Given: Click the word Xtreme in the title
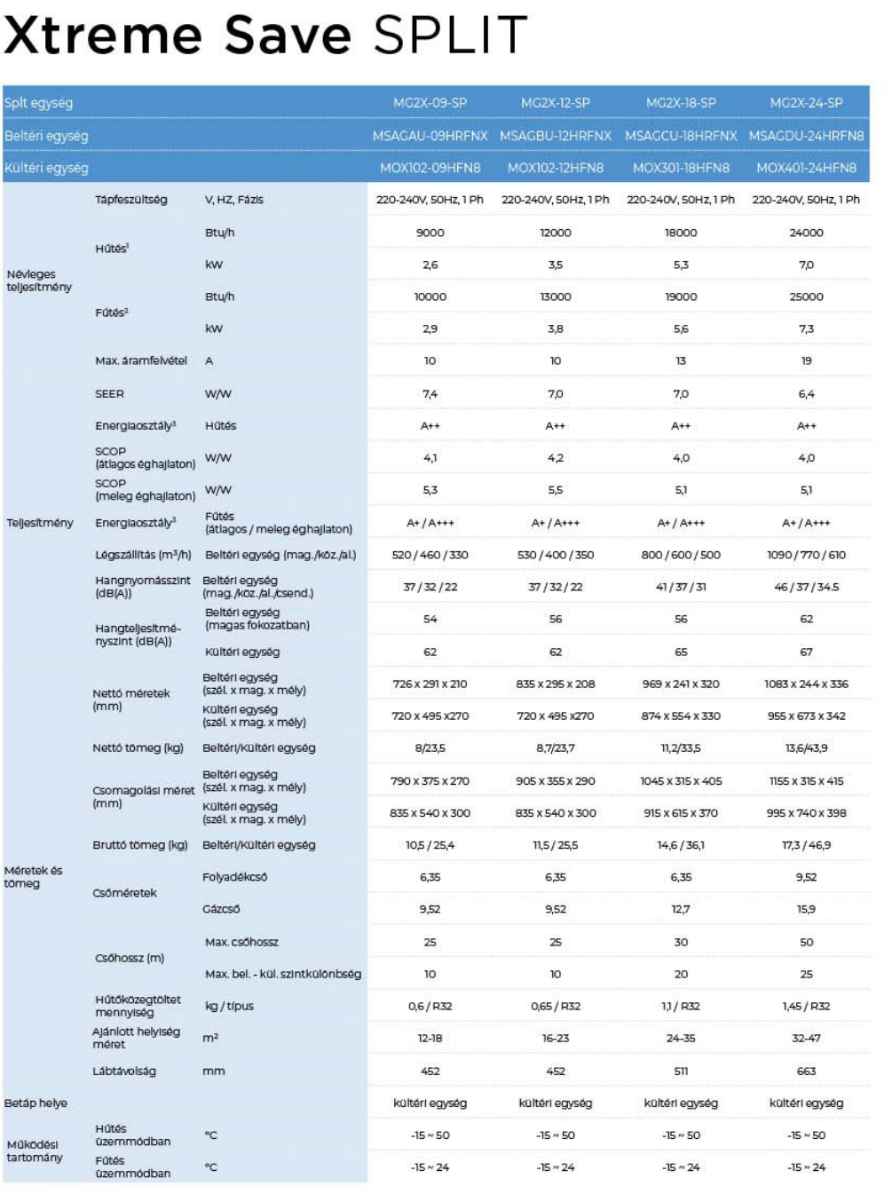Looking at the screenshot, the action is pyautogui.click(x=103, y=35).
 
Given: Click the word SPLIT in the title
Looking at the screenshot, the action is pyautogui.click(x=450, y=35).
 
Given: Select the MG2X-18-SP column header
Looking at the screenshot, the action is pyautogui.click(x=681, y=103).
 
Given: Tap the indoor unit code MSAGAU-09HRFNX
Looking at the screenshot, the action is pyautogui.click(x=430, y=136).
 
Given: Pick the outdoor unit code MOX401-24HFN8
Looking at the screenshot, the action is pyautogui.click(x=806, y=168).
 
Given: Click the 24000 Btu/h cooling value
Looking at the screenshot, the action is pyautogui.click(x=806, y=233).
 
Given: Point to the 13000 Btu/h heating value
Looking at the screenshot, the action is pyautogui.click(x=555, y=297).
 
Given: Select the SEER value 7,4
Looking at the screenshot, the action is pyautogui.click(x=430, y=393).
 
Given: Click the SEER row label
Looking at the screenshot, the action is pyautogui.click(x=109, y=393).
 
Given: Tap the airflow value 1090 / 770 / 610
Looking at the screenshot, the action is pyautogui.click(x=806, y=554).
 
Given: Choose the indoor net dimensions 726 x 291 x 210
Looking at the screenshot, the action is pyautogui.click(x=430, y=684).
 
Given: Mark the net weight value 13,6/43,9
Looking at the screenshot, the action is pyautogui.click(x=806, y=747).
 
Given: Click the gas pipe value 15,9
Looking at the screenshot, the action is pyautogui.click(x=806, y=908).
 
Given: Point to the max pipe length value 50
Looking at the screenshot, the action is pyautogui.click(x=806, y=942).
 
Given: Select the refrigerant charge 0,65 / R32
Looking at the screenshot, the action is pyautogui.click(x=555, y=1006).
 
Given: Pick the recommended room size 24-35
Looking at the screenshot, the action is pyautogui.click(x=681, y=1038).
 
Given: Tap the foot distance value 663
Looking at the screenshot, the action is pyautogui.click(x=806, y=1071).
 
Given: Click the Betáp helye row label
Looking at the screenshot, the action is pyautogui.click(x=36, y=1103).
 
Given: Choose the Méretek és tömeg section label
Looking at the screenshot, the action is pyautogui.click(x=33, y=876).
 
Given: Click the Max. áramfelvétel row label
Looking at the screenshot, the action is pyautogui.click(x=141, y=360).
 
